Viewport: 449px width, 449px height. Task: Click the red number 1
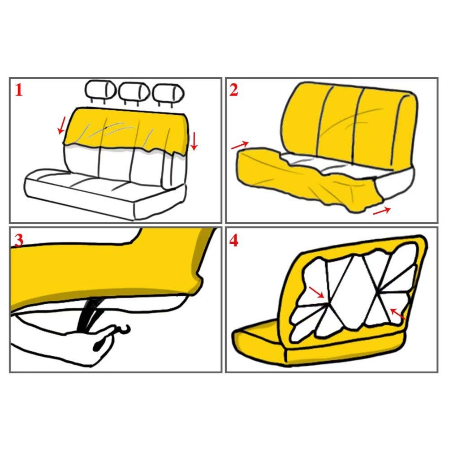coord(19,90)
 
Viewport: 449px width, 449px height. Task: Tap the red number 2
coord(233,90)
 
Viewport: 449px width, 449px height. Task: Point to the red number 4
coord(233,241)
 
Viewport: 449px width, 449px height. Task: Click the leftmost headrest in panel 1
coord(100,91)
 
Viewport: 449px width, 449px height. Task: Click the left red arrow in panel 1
coord(61,125)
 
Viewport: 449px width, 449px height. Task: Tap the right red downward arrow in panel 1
coord(194,141)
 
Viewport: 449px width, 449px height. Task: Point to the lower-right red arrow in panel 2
coord(382,211)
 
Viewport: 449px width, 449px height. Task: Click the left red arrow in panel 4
coord(316,292)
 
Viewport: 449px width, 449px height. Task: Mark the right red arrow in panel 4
coord(398,314)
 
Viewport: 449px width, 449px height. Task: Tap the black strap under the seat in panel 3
coord(87,315)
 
